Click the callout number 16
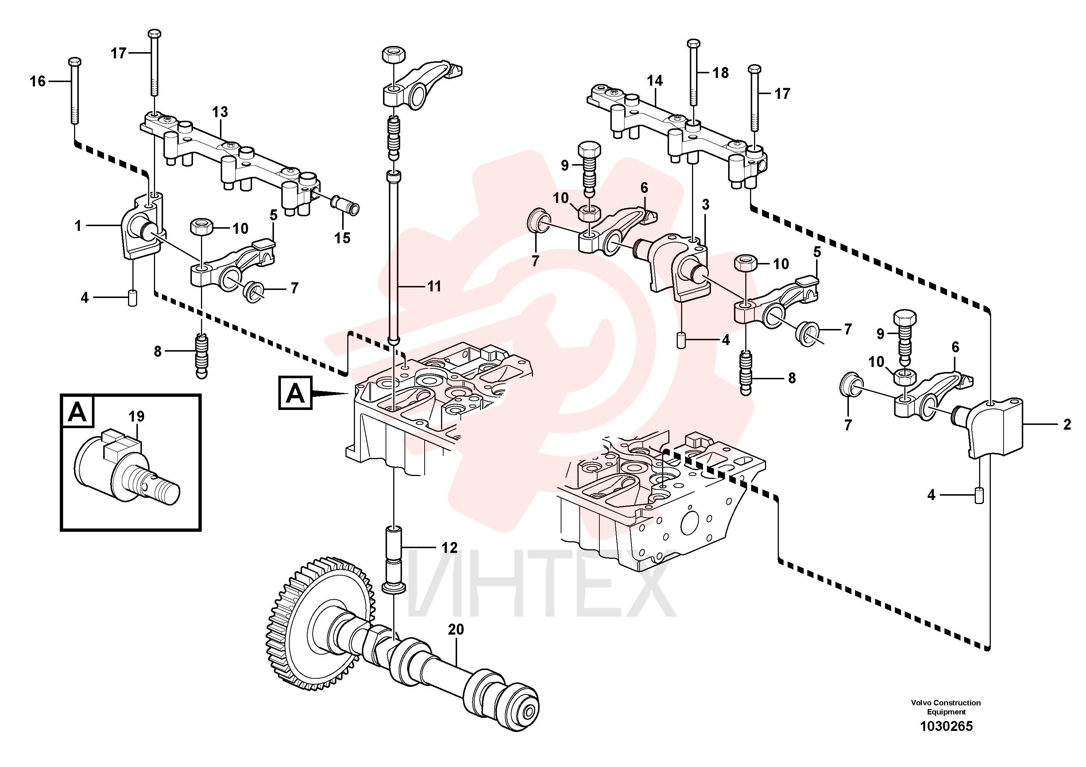click(38, 81)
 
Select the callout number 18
click(720, 73)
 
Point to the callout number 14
click(655, 81)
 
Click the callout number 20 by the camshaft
click(456, 630)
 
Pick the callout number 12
click(449, 547)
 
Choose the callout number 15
click(343, 238)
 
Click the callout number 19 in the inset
click(136, 417)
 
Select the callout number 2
click(1067, 425)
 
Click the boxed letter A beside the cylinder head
click(295, 392)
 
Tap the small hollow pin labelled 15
click(346, 204)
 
